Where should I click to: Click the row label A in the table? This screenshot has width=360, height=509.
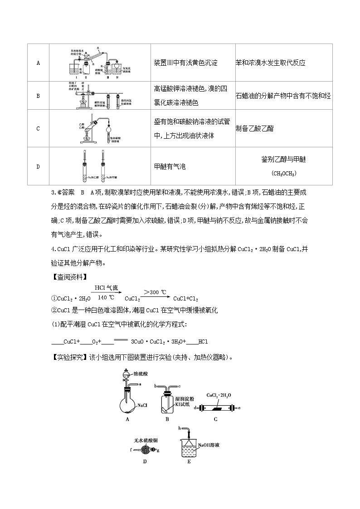[x=38, y=63]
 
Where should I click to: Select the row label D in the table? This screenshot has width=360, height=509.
[x=38, y=166]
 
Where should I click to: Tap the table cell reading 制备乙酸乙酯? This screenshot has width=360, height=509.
[x=254, y=129]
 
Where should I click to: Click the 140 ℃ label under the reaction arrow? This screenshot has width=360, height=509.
[x=102, y=297]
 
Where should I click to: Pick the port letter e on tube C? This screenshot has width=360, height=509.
[x=239, y=408]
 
